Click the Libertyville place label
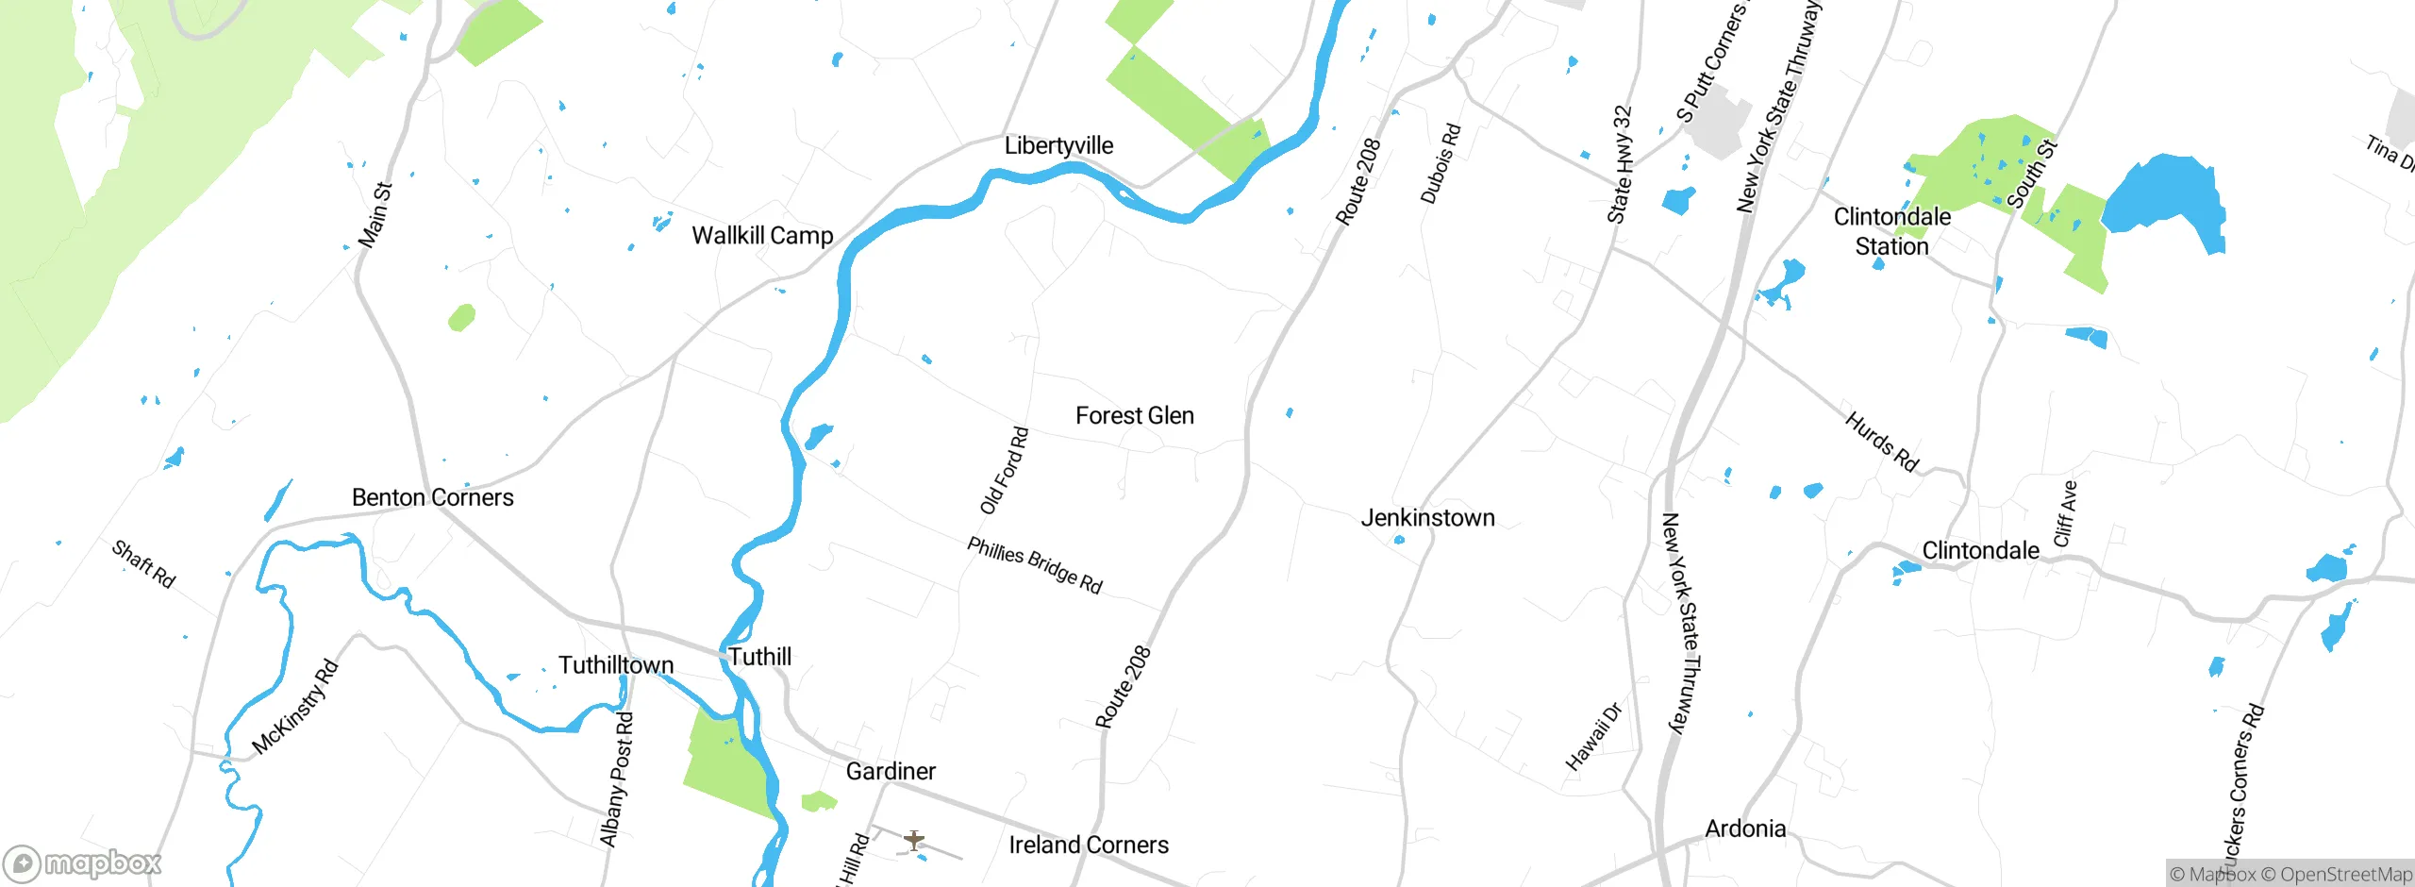tap(1058, 145)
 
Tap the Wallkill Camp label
tap(762, 235)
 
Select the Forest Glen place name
tap(1135, 415)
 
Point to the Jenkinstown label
tap(1427, 517)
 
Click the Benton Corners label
tap(432, 497)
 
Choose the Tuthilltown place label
tap(616, 665)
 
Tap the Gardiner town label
tap(891, 771)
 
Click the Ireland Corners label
tap(1089, 845)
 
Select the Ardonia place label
tap(1745, 828)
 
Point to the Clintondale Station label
tap(1892, 231)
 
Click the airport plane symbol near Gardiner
tap(913, 839)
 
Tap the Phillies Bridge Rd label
tap(1035, 565)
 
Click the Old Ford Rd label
tap(1005, 471)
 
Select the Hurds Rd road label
tap(1882, 441)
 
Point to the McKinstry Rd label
tap(295, 707)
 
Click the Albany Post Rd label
tap(617, 779)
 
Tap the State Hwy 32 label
tap(1620, 164)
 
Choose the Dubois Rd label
tap(1441, 163)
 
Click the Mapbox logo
tap(83, 862)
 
